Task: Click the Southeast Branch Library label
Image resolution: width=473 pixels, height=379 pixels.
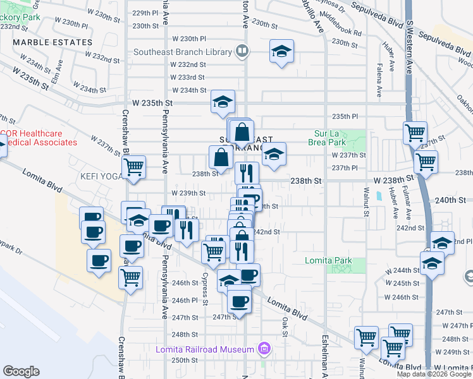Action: tap(183, 51)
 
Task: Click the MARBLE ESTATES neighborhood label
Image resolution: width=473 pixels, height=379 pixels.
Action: tap(52, 42)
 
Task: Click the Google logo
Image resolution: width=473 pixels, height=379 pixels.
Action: tap(21, 371)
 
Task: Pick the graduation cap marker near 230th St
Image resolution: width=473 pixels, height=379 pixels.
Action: tap(281, 51)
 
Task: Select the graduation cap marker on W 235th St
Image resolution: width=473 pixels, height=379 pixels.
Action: tap(223, 103)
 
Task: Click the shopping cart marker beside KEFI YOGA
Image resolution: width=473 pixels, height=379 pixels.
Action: tap(133, 168)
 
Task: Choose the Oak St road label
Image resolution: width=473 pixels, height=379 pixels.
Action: tap(285, 323)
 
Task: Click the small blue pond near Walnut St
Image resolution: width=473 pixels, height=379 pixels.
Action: tap(378, 196)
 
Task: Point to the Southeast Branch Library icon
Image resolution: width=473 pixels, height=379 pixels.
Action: tap(242, 51)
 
